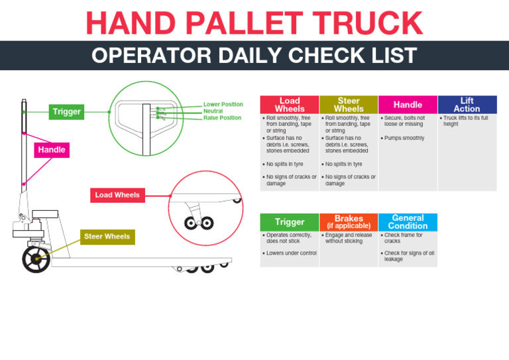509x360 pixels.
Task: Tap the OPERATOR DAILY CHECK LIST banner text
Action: [x=254, y=56]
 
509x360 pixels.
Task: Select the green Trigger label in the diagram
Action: [x=67, y=112]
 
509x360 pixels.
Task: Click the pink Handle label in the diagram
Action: [x=52, y=150]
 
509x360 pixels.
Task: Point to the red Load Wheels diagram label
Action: [x=117, y=195]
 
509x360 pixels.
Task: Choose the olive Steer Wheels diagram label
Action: [x=107, y=237]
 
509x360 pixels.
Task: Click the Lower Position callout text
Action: [x=223, y=105]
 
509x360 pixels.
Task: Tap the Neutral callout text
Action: [x=213, y=111]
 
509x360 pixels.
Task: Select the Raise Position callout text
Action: [x=222, y=118]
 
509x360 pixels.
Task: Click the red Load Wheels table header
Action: [x=289, y=105]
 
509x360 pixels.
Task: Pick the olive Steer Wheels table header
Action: [x=349, y=105]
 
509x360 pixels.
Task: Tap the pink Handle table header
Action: [x=408, y=105]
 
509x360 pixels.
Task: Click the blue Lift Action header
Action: [x=467, y=105]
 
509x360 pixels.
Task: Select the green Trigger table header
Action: [x=290, y=222]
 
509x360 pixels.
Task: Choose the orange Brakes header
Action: [x=349, y=222]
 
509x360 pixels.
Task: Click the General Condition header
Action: [x=408, y=222]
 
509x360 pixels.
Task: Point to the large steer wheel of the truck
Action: [x=36, y=259]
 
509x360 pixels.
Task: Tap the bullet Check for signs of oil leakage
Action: [x=409, y=256]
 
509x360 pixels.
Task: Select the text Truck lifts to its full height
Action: [x=466, y=121]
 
